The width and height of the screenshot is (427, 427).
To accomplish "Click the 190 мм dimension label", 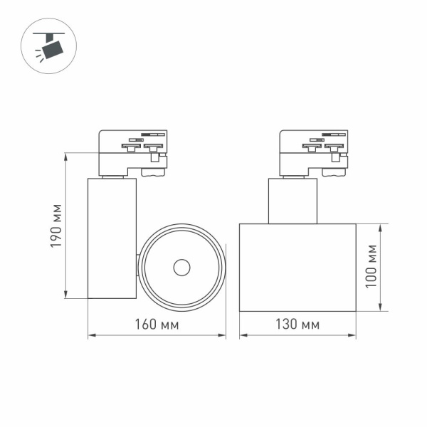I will pos(56,226).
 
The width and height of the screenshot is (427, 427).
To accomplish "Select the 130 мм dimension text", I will pos(297,325).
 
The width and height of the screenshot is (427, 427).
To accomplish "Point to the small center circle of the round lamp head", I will pos(181,268).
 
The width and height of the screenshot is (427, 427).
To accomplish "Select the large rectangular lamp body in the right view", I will pos(297,268).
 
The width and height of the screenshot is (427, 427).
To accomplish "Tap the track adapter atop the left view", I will pos(133,152).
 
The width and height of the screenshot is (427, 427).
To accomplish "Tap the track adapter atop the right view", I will pos(314,152).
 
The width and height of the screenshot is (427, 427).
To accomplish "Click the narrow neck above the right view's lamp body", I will pos(292,201).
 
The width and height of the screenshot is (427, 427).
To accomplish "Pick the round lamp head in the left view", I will pos(181,268).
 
